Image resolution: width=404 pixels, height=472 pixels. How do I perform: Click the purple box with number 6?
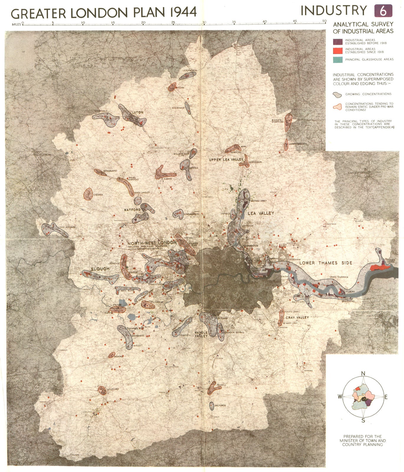point(383,11)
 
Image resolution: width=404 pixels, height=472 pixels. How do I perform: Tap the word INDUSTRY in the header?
point(334,11)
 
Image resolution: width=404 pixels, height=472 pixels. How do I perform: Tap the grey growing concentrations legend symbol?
point(337,95)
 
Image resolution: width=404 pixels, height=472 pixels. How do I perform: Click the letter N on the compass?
point(363,373)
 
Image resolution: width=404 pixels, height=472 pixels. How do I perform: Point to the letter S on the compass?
point(363,421)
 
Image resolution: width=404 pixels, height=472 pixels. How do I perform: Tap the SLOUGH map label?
point(100,269)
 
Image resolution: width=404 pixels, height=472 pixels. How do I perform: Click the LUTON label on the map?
point(137,112)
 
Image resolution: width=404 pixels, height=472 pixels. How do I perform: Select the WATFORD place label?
point(132,210)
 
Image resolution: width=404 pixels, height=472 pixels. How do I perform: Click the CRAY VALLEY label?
point(297,317)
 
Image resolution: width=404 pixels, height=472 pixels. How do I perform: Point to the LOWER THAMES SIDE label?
point(326,263)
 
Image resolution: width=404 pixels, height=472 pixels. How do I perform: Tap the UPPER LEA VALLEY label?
point(226,160)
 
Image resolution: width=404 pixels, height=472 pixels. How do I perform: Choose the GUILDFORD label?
point(112,389)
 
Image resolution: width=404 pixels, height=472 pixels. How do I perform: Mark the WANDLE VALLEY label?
point(201,334)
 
